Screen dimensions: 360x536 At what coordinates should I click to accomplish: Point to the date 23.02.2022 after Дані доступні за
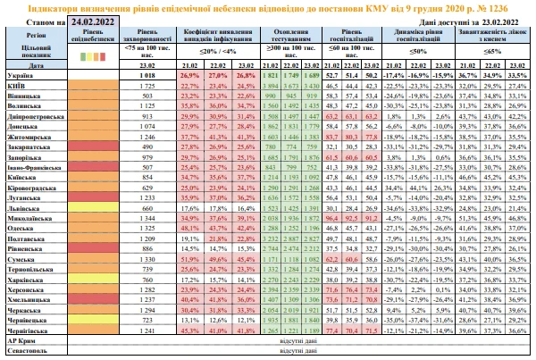(x=490, y=20)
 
